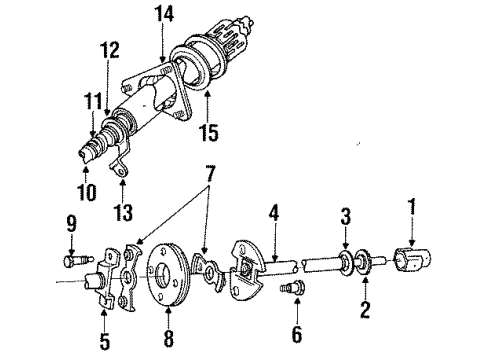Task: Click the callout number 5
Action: click(x=106, y=340)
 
